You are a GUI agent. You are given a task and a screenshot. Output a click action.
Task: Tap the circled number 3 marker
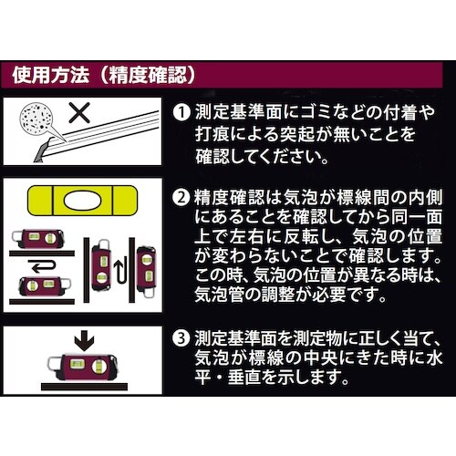(181, 340)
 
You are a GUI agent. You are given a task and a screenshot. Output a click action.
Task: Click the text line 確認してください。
(264, 155)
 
